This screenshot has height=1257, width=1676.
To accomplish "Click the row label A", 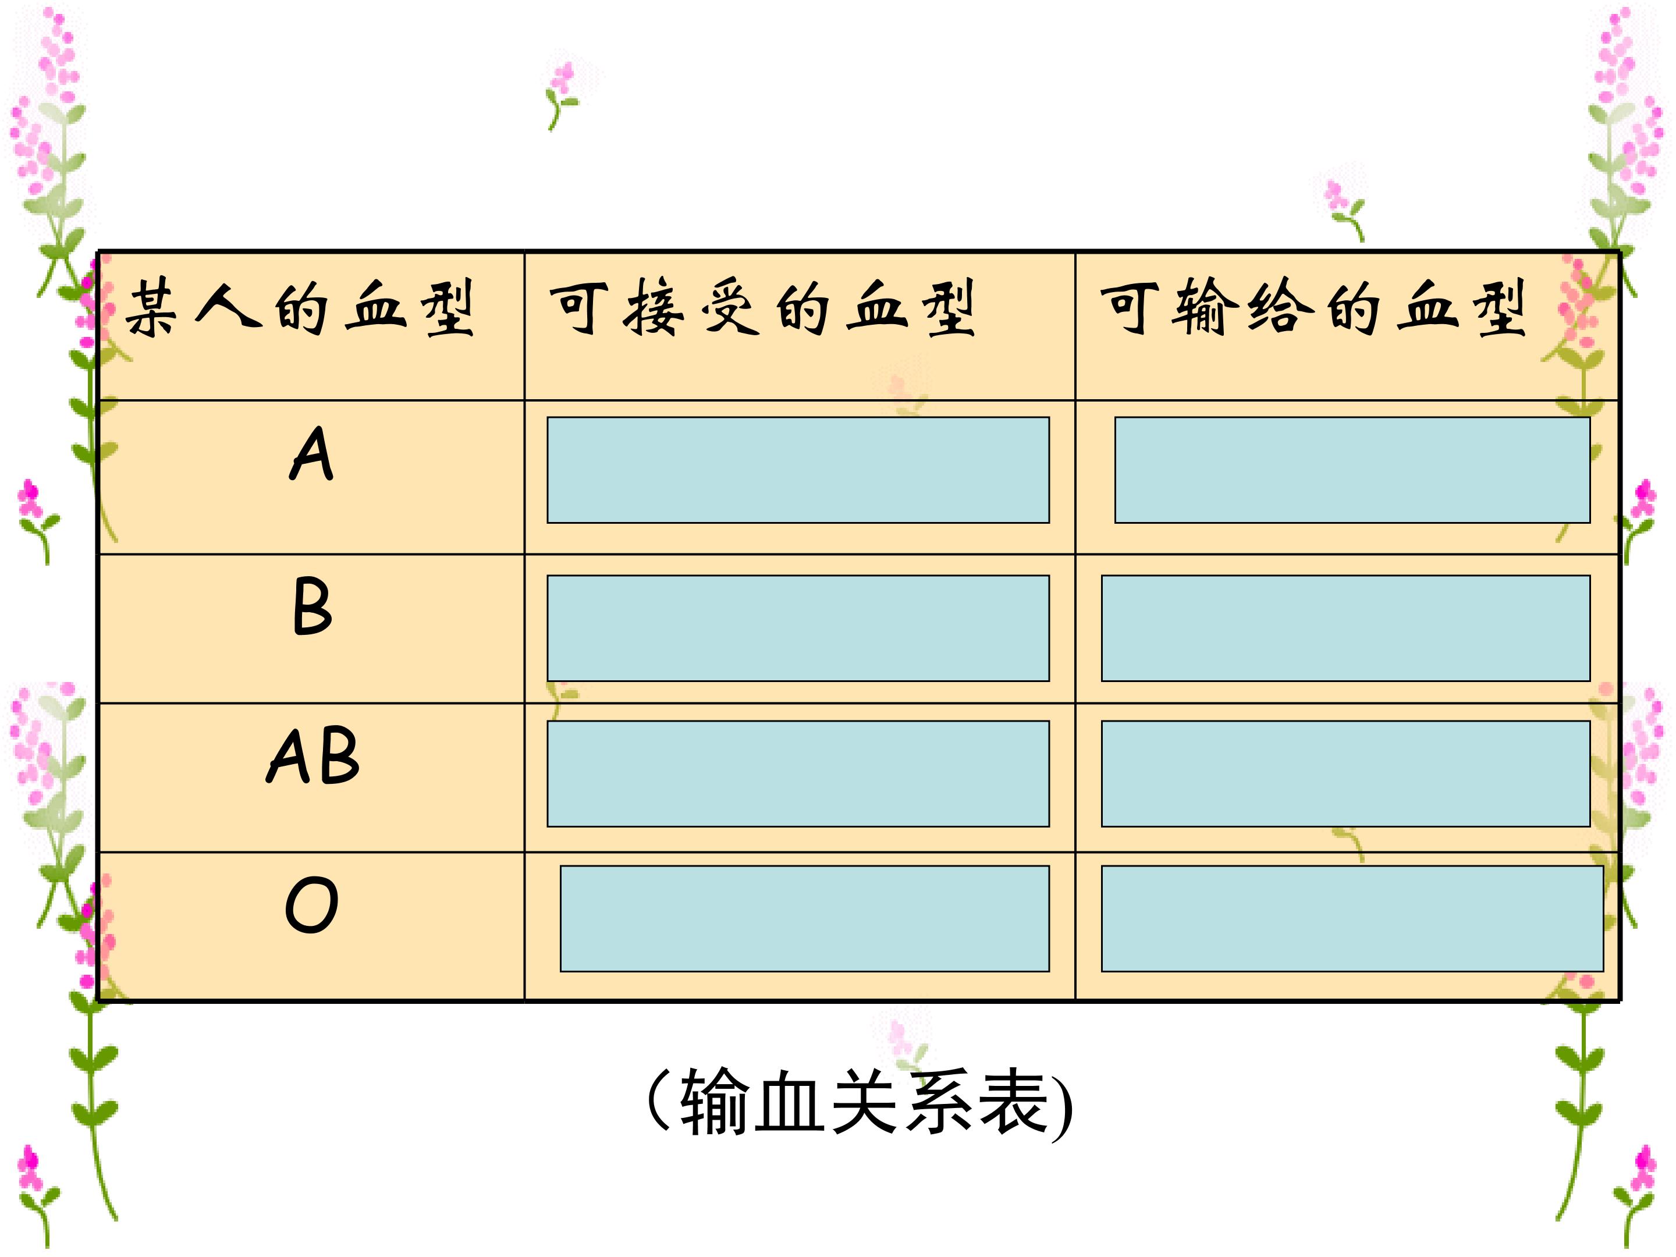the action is tap(311, 453).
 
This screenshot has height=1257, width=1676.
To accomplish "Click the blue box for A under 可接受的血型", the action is tap(798, 470).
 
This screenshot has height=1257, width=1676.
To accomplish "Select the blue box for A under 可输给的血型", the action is tap(1352, 470).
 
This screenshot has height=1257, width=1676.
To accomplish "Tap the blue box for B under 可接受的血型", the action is tap(798, 628).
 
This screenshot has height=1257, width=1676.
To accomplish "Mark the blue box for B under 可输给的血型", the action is tap(1345, 628).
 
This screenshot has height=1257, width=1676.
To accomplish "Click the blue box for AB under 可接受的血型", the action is tap(798, 773).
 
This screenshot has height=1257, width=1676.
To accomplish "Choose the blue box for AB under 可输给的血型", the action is tap(1345, 773).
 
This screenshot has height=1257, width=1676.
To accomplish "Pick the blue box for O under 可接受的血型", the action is tap(805, 918).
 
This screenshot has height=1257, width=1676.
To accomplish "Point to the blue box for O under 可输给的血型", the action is tap(1352, 918).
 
